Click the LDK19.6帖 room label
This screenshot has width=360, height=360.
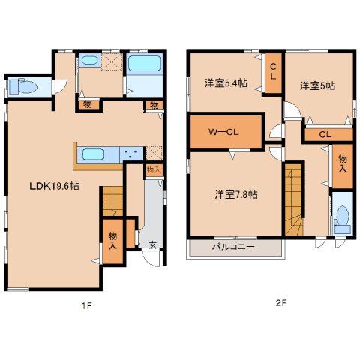[54, 186]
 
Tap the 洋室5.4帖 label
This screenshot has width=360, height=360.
[226, 82]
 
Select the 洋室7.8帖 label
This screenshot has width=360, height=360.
[236, 194]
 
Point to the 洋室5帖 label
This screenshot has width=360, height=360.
[317, 85]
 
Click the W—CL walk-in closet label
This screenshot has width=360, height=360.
[223, 132]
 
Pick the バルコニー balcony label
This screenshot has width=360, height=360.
[233, 247]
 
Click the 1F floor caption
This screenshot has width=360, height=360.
[87, 305]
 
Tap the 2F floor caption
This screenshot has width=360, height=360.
[280, 303]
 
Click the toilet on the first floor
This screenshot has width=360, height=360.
[23, 86]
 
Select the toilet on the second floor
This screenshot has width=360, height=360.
[342, 220]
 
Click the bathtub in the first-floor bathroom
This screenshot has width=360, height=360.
[144, 63]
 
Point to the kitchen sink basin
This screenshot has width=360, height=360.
[93, 154]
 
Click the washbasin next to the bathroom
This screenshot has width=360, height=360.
[90, 60]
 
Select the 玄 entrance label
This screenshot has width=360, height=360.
[152, 244]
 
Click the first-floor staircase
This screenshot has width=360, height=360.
[112, 201]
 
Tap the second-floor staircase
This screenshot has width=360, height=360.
[293, 199]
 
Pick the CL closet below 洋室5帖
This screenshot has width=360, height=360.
[328, 135]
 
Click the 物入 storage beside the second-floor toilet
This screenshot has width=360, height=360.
[343, 166]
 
